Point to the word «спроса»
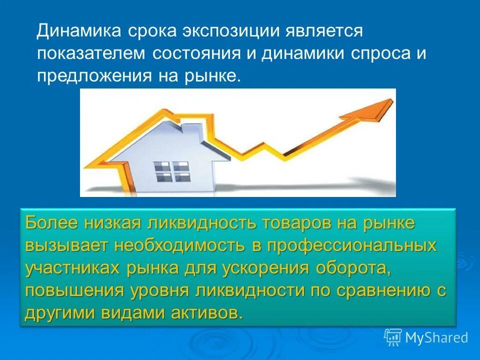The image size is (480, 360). click(378, 53)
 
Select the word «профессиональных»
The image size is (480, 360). click(350, 246)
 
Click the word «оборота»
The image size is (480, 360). click(353, 268)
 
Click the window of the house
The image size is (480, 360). click(171, 171)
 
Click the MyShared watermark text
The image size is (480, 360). click(436, 338)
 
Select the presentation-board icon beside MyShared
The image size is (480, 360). click(393, 337)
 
